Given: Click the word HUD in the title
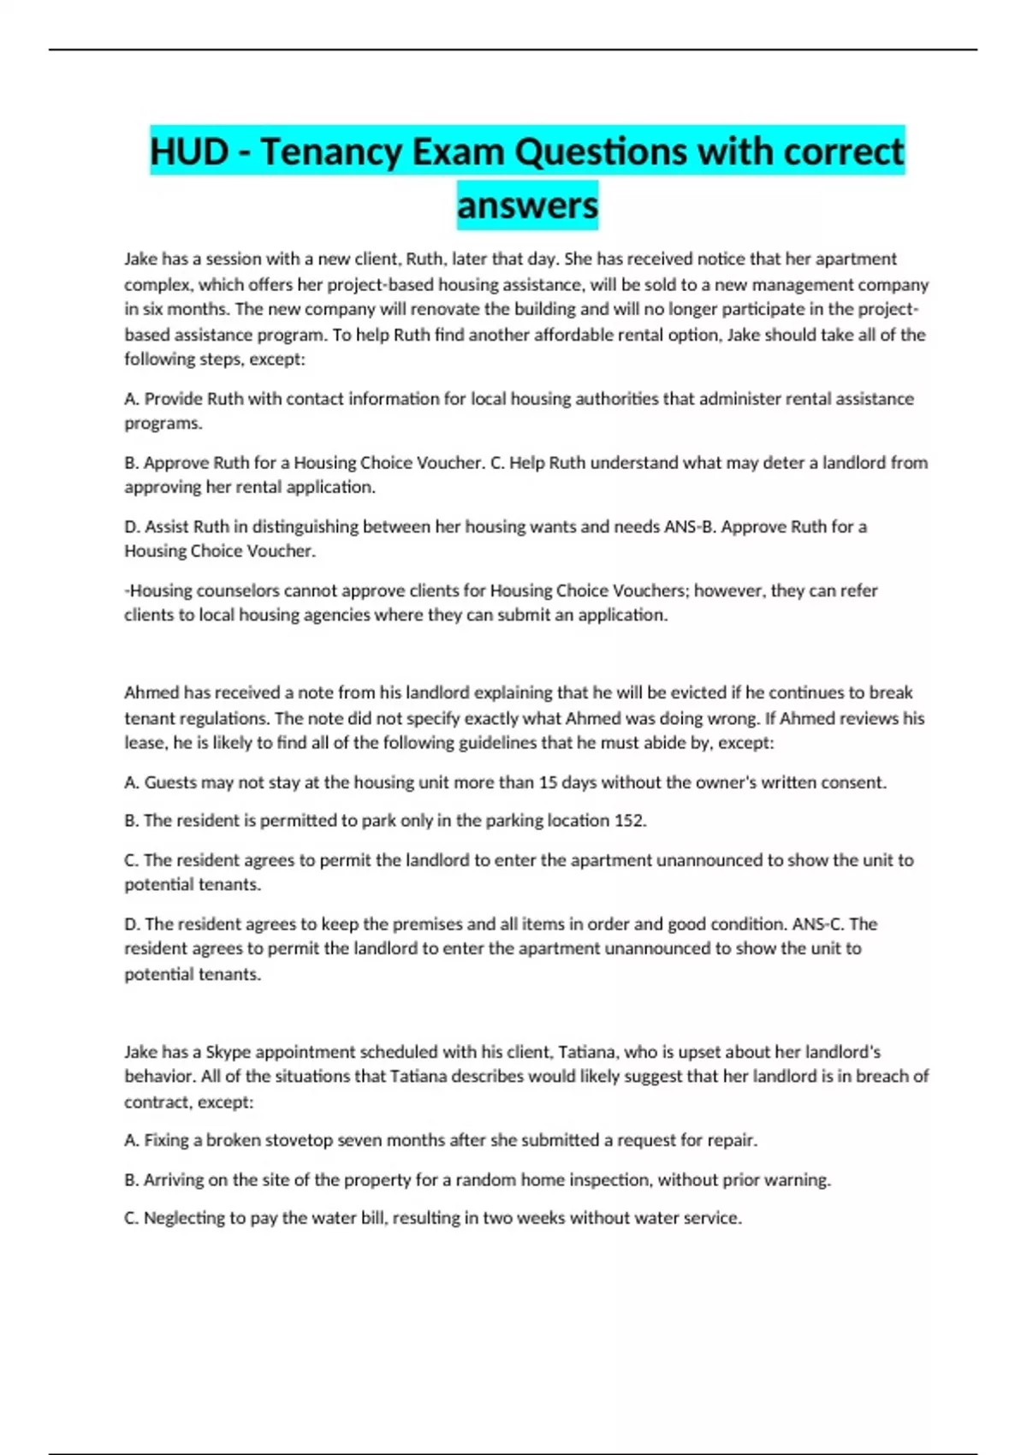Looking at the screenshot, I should [x=189, y=152].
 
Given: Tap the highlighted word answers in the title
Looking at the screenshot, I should [x=527, y=205].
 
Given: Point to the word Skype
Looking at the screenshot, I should [x=229, y=1052].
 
